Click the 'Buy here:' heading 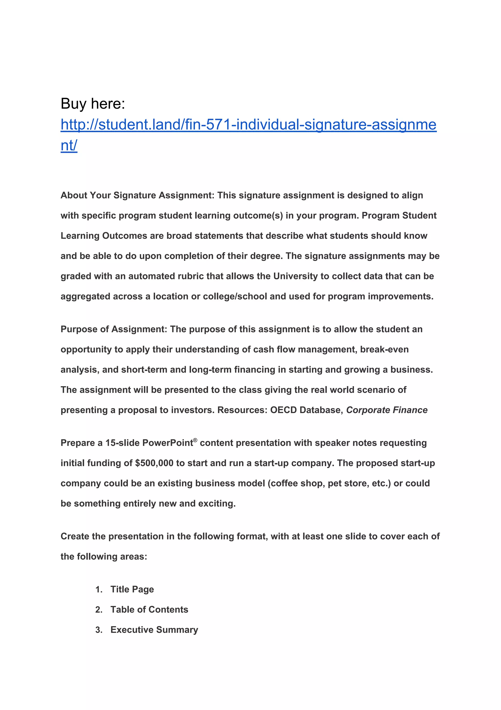tap(93, 104)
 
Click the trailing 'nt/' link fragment tap(68, 145)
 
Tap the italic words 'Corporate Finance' tap(387, 410)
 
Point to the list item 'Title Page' tap(132, 589)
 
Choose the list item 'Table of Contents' tap(149, 610)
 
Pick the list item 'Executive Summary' tap(154, 630)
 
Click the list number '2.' tap(99, 610)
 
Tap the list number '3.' tap(99, 630)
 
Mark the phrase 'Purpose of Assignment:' tap(114, 329)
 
